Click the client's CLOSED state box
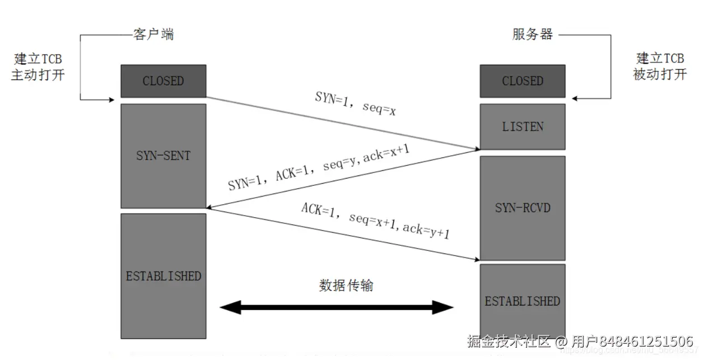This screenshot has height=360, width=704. point(163,81)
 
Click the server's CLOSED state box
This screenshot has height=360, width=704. point(523,81)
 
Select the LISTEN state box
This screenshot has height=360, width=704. point(523,127)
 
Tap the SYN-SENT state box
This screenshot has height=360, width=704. point(163,156)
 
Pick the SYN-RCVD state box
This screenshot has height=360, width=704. point(523,208)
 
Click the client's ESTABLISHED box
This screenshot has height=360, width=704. point(163,276)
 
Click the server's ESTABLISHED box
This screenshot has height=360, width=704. point(523,301)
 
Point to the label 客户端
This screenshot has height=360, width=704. point(153,34)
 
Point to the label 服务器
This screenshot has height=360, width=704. point(533,34)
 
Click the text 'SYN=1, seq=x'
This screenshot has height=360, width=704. point(355,103)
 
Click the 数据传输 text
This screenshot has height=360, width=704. point(346,286)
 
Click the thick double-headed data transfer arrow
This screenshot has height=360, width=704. point(336,307)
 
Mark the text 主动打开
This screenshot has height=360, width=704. point(38,74)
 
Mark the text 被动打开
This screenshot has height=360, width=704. point(660,74)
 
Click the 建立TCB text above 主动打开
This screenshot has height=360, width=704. point(38,59)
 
